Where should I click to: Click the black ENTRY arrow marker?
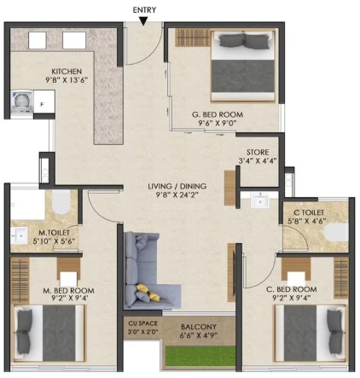[x=144, y=21]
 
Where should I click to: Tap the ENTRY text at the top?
[x=144, y=10]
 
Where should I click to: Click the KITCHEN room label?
[x=67, y=72]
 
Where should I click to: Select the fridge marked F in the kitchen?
[x=44, y=102]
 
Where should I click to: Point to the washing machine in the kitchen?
[x=22, y=102]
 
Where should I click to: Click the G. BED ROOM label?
[x=218, y=114]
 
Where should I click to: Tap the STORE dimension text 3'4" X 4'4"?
[x=258, y=161]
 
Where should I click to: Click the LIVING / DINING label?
[x=177, y=186]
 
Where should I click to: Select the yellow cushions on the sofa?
[x=148, y=292]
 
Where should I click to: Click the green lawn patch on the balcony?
[x=200, y=357]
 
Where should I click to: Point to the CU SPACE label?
[x=142, y=323]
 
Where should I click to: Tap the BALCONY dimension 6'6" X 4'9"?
[x=199, y=335]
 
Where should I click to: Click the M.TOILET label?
[x=54, y=233]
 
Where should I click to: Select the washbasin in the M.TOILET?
[x=19, y=236]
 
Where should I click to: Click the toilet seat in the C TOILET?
[x=337, y=231]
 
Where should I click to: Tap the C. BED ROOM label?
[x=292, y=289]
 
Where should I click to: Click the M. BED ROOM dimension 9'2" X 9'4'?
[x=68, y=299]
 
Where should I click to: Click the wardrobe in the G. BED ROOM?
[x=192, y=38]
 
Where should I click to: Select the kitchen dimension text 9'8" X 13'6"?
[x=67, y=80]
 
